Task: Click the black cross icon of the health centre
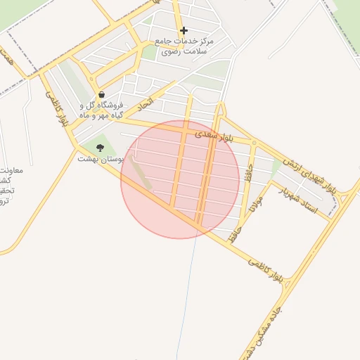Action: tap(184, 30)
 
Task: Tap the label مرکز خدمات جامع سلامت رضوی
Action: tap(187, 46)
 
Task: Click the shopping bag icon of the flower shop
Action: tap(102, 94)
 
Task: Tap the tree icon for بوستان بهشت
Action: tap(100, 148)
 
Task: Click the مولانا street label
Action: tap(255, 208)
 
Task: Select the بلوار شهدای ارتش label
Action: tap(311, 176)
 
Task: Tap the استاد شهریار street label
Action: tap(299, 200)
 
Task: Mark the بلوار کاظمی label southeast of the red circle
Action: tap(267, 270)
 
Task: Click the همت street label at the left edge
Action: tap(6, 56)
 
